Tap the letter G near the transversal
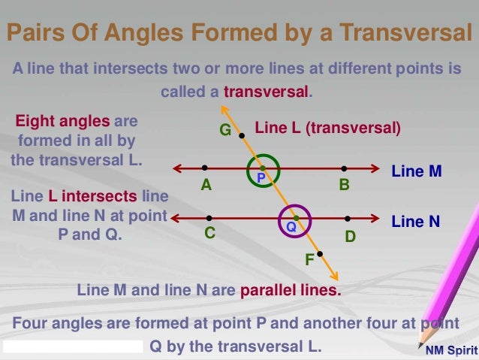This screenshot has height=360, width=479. tap(224, 131)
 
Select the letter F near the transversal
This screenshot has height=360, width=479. tap(309, 261)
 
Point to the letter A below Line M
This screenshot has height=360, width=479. tap(205, 184)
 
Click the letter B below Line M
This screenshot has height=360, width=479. tap(344, 184)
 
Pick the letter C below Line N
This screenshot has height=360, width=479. tap(210, 234)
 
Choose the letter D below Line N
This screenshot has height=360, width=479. tap(349, 236)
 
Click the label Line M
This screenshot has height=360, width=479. tap(417, 172)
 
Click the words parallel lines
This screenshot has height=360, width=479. tap(290, 289)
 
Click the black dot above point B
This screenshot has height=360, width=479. tap(344, 168)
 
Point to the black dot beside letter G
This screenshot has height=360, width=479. tap(241, 136)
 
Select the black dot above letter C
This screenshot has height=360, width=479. tap(209, 218)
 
